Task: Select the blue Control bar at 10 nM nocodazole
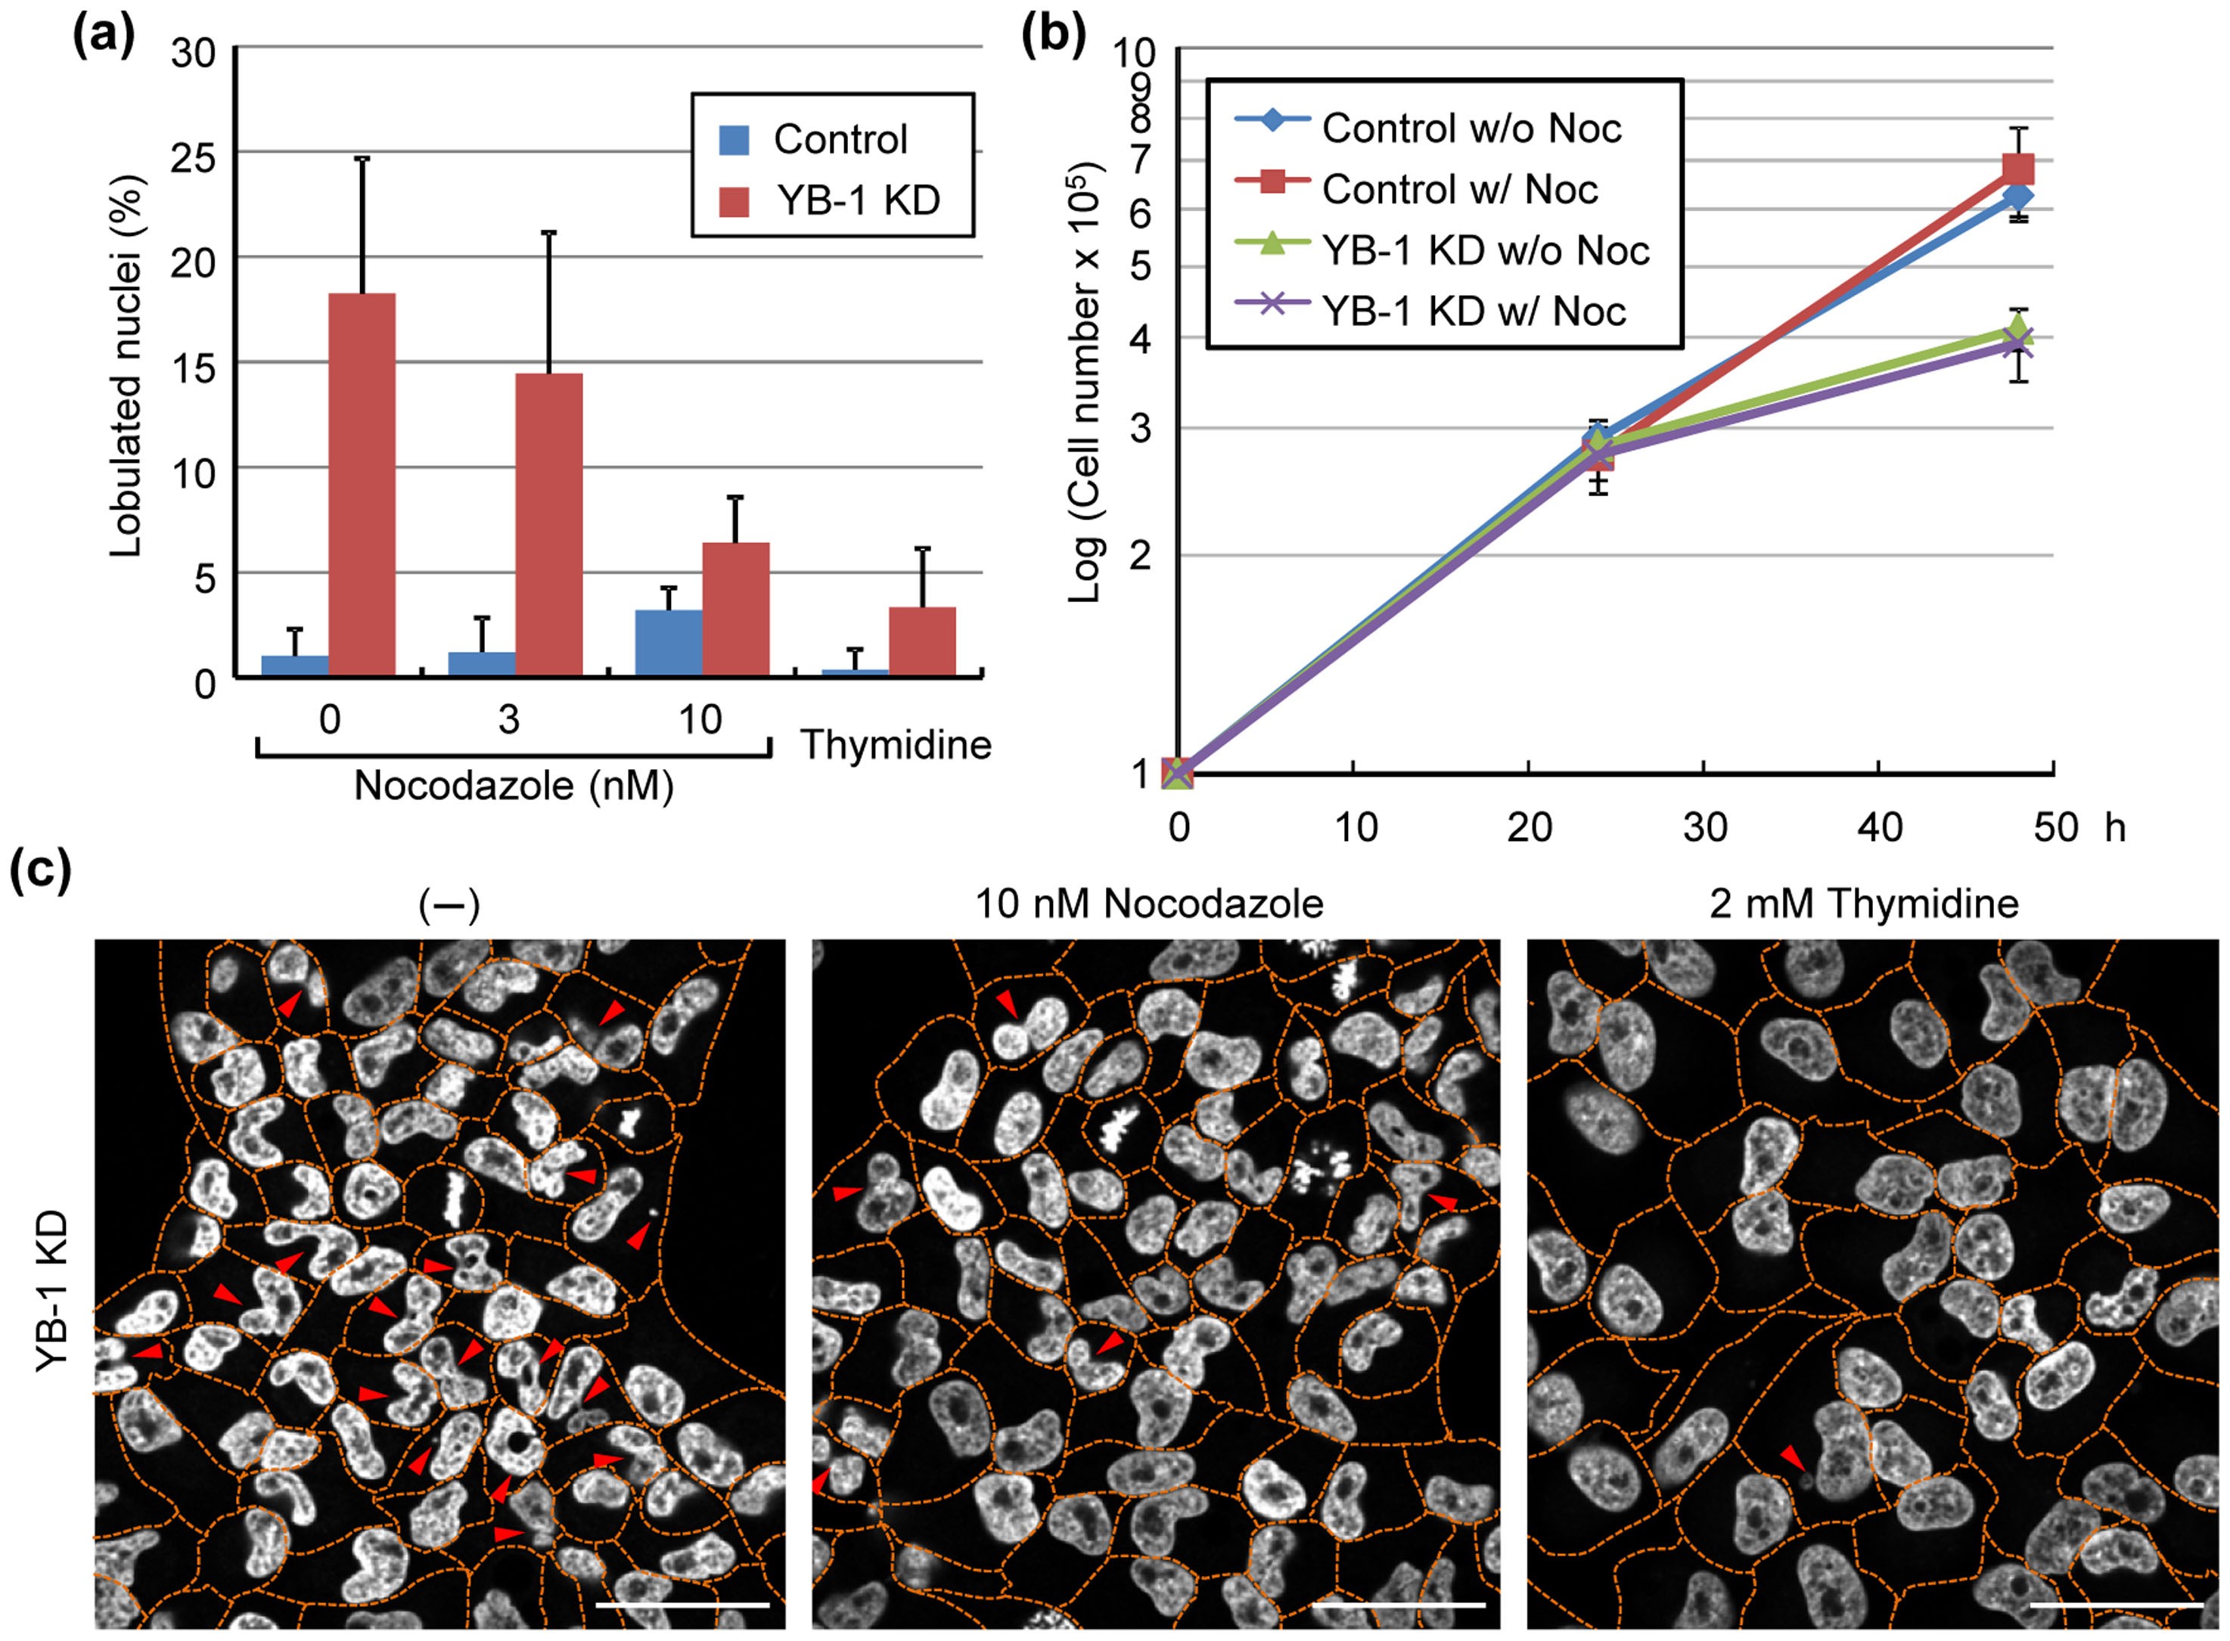point(668,643)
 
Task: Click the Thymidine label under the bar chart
point(896,744)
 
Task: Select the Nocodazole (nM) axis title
point(513,786)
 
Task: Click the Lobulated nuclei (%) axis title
point(127,364)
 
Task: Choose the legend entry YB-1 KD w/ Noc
point(1472,311)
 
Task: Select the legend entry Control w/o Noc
point(1470,127)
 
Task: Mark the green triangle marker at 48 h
point(2017,329)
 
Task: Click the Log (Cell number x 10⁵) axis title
point(1087,383)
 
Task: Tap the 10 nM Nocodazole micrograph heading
point(1149,903)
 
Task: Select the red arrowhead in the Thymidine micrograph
point(1791,1457)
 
